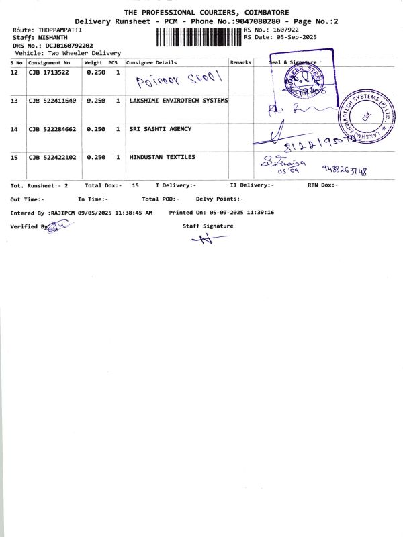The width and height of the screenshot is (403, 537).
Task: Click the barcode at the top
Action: point(198,35)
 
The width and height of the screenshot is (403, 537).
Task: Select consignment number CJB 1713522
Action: point(48,72)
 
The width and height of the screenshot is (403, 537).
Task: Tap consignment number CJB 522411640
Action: point(52,100)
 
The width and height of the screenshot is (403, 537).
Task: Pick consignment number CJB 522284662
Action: point(52,129)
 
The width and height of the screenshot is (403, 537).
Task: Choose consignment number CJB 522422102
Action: point(52,157)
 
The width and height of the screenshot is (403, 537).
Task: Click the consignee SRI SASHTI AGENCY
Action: point(160,129)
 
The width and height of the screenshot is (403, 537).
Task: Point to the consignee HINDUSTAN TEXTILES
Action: point(162,157)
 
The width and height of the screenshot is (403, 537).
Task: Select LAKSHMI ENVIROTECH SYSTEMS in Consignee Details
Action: point(178,100)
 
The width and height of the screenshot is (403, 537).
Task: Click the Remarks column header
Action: point(240,62)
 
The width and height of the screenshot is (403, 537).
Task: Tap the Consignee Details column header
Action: point(152,62)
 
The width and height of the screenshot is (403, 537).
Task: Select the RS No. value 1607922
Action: point(285,30)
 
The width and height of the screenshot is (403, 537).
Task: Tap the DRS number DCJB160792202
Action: point(69,45)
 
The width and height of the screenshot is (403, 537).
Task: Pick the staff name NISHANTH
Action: point(53,38)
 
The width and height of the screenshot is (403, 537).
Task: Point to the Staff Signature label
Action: point(208,226)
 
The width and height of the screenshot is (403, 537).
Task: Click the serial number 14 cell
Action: point(14,129)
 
